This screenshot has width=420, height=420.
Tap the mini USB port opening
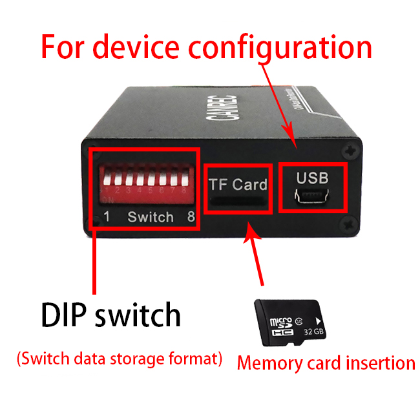(313, 196)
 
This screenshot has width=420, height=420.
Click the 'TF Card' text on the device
(238, 184)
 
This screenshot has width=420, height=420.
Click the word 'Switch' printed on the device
(151, 217)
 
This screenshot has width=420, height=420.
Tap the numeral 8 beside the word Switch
(191, 217)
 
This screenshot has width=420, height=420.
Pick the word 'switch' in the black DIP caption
(138, 315)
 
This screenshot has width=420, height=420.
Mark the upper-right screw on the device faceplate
(350, 151)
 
